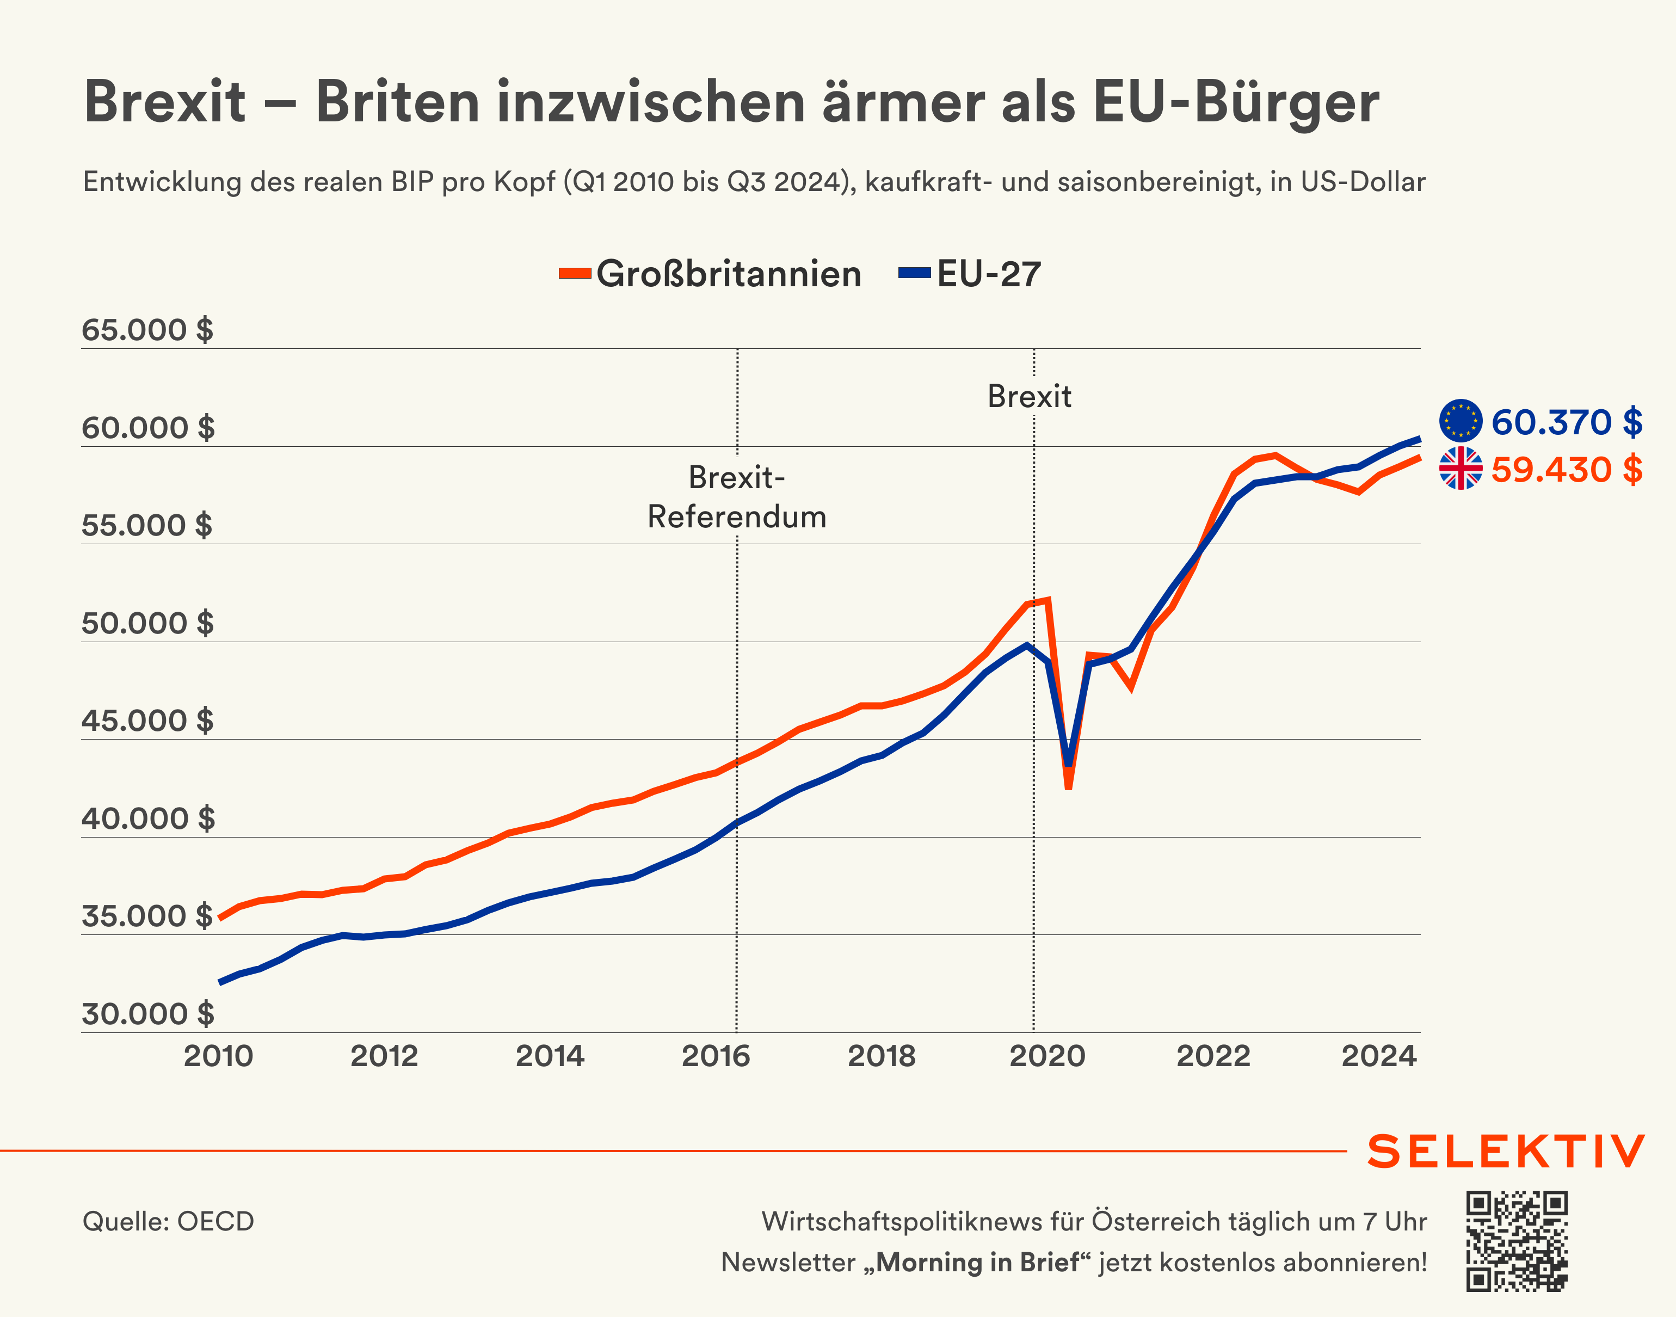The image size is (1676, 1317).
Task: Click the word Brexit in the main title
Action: [x=164, y=102]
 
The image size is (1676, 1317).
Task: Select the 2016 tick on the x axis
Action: [x=716, y=1056]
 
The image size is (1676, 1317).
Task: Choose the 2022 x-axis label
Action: [x=1213, y=1056]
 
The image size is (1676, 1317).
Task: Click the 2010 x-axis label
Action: [x=218, y=1056]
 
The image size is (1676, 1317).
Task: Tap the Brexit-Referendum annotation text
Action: [x=736, y=497]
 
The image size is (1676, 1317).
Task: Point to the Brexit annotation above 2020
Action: [x=1029, y=396]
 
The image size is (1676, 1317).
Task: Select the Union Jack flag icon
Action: [x=1460, y=469]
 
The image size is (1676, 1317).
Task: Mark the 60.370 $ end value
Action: [x=1567, y=422]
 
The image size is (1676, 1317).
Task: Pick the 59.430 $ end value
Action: [x=1567, y=470]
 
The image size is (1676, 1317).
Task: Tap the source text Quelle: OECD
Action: [x=168, y=1221]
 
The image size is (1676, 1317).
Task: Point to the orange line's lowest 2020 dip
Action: [x=1069, y=786]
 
